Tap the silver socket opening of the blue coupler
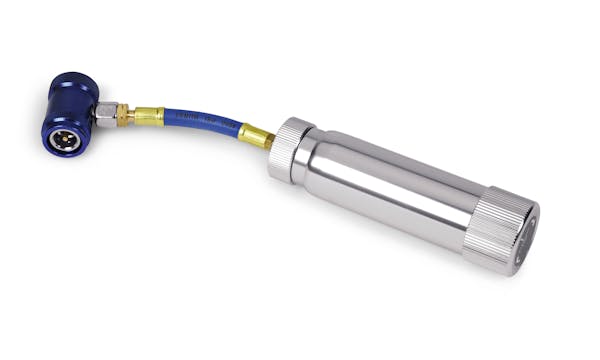tap(62, 138)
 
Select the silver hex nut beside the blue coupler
tap(106, 115)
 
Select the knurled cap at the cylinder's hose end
tap(290, 150)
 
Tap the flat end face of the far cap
tap(528, 238)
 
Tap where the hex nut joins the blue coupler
tap(97, 112)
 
